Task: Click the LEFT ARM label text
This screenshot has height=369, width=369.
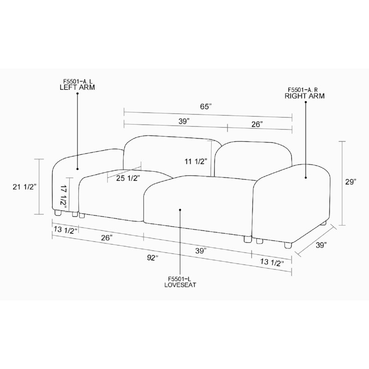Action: (x=77, y=87)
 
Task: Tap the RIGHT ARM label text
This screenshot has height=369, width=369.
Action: (x=304, y=96)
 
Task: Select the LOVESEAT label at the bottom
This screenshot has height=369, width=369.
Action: (x=180, y=285)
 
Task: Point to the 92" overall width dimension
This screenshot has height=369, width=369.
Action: (x=153, y=258)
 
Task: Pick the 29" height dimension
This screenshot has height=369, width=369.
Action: (x=351, y=182)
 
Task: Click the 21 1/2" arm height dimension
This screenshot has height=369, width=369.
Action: (x=25, y=187)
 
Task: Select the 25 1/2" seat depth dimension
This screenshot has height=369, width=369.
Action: (x=128, y=179)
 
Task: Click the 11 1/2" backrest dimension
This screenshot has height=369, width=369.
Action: (x=196, y=162)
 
